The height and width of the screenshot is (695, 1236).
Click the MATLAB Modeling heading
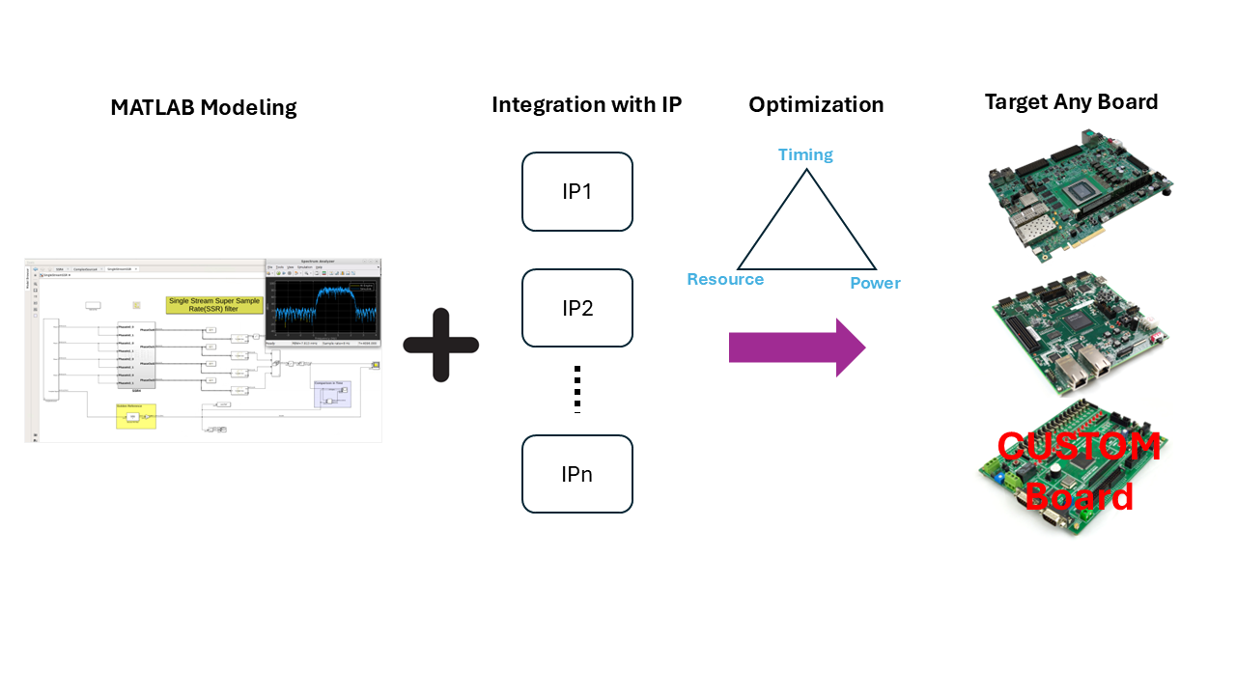pos(203,107)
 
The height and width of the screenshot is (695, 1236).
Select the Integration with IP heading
pos(587,104)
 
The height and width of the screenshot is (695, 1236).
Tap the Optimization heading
pos(816,104)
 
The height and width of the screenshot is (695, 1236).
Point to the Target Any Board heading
pos(1071,101)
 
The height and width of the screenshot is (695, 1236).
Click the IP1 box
pos(577,191)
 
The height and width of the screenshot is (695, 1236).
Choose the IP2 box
pos(577,308)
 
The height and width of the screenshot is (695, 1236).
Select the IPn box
pos(577,474)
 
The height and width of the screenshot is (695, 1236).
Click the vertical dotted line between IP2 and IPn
pos(577,389)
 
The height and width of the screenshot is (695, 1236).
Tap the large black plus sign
pos(441,345)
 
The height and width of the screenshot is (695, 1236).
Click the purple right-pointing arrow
pos(798,347)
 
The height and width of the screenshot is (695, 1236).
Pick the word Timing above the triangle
pos(805,154)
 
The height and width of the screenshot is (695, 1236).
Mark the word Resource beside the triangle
pos(725,280)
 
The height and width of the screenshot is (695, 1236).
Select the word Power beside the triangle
pos(875,283)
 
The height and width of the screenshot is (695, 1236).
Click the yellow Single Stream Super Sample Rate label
pos(215,305)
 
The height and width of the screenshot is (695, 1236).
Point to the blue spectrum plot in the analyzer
pos(323,304)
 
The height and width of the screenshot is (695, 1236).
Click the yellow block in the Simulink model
pos(136,415)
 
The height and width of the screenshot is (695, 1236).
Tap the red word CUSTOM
pos(1079,447)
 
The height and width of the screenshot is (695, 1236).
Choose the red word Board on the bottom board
pos(1079,496)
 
